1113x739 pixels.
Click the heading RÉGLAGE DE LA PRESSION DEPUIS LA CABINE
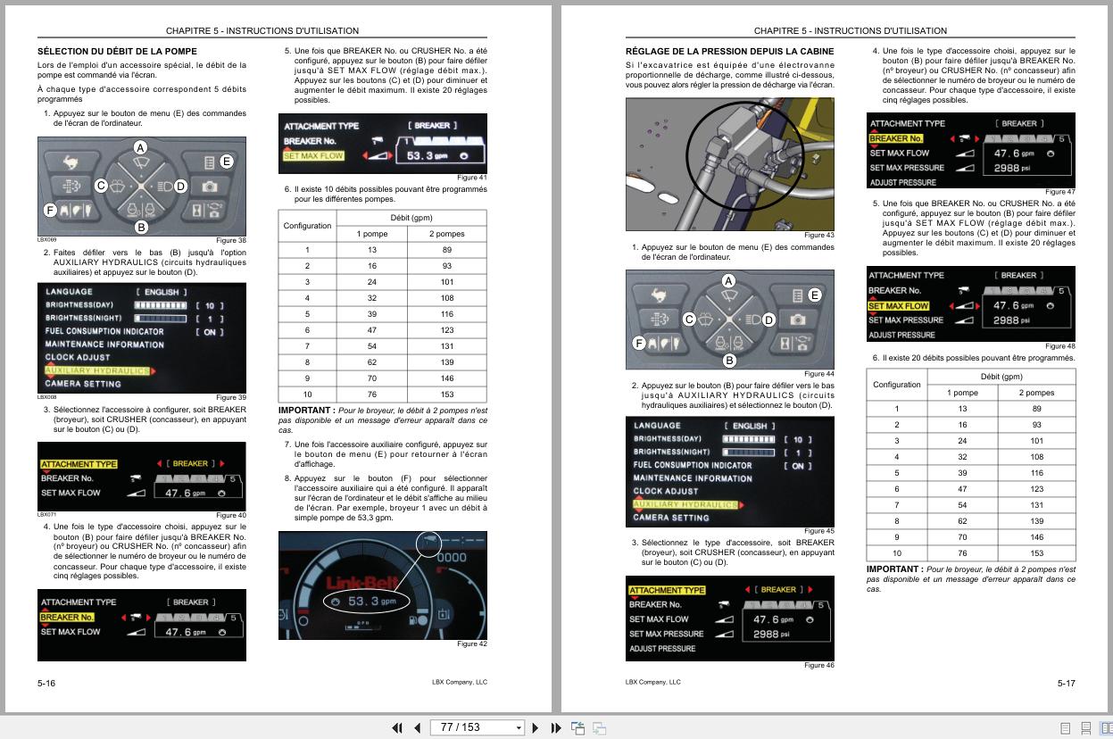(729, 52)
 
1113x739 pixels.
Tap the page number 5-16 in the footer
(46, 683)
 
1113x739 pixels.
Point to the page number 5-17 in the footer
(1066, 683)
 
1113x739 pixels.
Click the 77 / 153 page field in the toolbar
(477, 727)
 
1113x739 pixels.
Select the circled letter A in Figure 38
(140, 147)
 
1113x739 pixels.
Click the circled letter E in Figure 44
(814, 295)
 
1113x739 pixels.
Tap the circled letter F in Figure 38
(50, 211)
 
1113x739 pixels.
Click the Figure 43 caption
(818, 235)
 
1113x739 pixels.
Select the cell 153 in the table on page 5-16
(446, 394)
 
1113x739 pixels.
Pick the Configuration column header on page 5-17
(896, 385)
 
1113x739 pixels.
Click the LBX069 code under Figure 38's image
(46, 240)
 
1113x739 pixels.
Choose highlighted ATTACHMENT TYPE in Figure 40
(79, 464)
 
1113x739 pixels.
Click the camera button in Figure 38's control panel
(209, 186)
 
